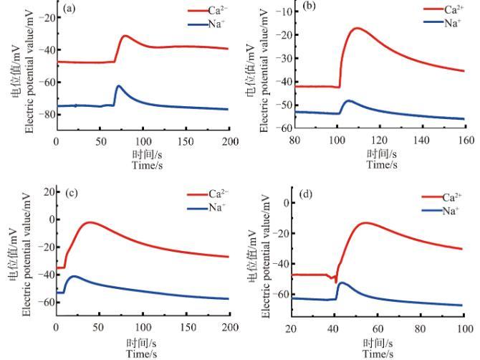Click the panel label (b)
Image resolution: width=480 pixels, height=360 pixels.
pos(310,9)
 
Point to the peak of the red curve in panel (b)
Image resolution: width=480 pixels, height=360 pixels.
pos(356,28)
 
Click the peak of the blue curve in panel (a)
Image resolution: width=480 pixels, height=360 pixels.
pos(119,86)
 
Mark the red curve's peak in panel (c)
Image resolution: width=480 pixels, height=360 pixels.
pos(90,222)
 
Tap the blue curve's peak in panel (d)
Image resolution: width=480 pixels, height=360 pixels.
pos(341,283)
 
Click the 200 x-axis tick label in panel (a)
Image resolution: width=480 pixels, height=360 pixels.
pos(229,140)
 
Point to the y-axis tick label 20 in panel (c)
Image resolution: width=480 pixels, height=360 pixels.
pos(45,192)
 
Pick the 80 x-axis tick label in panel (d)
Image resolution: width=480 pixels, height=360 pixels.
pos(421,328)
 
